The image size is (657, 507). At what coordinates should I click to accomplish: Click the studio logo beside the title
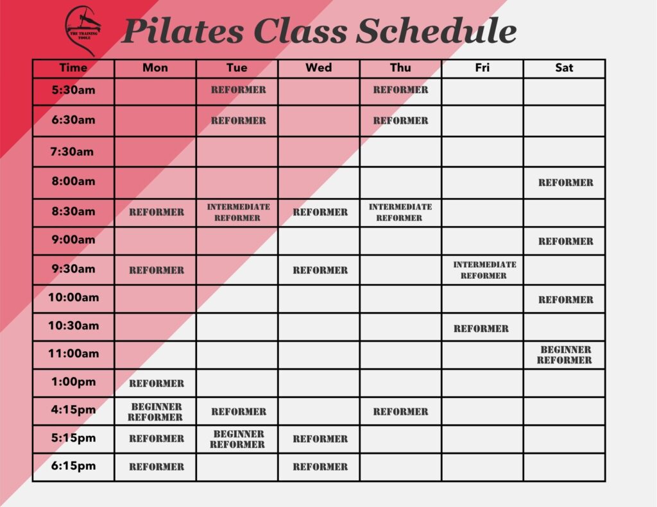point(83,31)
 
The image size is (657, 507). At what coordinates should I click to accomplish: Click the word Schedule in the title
point(436,31)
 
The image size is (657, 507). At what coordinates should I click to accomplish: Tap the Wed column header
point(318,68)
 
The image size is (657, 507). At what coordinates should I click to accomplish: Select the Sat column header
point(564,68)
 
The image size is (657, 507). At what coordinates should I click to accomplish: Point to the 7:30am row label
point(72,151)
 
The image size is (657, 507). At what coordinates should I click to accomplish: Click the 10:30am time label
point(73,326)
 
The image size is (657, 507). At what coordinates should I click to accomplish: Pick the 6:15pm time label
point(73,466)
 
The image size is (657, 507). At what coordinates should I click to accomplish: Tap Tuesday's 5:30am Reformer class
point(239,90)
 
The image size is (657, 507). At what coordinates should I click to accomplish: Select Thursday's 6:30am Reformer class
point(400,121)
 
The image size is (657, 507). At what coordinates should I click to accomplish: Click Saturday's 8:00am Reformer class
point(566,183)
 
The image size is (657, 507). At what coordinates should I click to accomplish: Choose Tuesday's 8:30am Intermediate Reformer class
point(239,212)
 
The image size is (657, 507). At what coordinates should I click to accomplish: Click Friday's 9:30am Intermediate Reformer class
point(484,270)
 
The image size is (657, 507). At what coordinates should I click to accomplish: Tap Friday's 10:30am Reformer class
point(481,329)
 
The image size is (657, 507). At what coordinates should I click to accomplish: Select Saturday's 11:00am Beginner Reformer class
point(565,354)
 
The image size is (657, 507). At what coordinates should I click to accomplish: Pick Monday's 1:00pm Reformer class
point(157,383)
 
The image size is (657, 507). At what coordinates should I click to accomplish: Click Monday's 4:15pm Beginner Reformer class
point(155,412)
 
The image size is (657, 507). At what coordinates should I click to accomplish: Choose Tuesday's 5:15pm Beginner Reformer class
point(237,439)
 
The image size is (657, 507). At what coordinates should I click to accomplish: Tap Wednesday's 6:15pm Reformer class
point(320,467)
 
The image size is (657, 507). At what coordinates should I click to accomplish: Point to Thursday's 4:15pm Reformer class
point(400,411)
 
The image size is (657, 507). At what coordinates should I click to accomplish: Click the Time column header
point(73,68)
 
